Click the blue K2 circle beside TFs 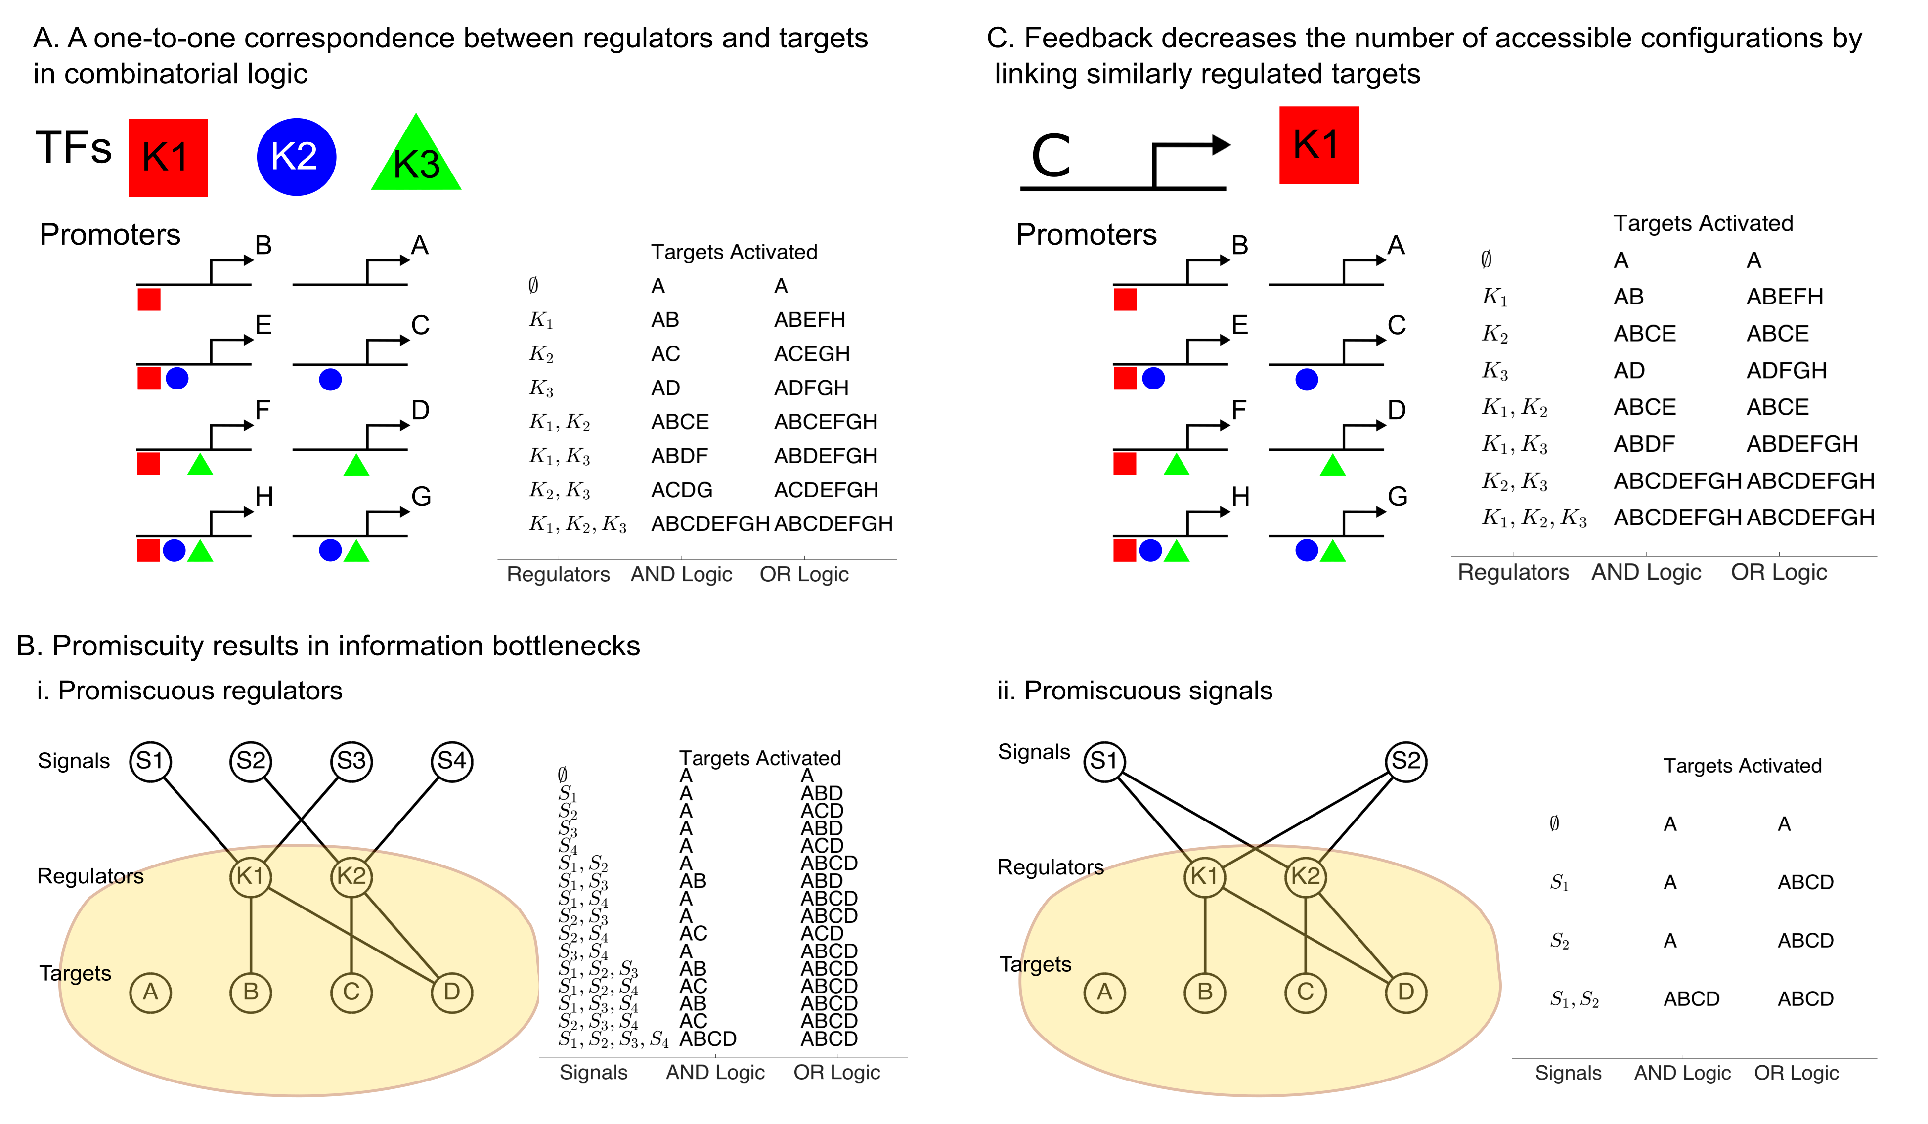click(296, 157)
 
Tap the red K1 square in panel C click(1318, 145)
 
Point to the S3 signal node click(351, 761)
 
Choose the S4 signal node click(451, 761)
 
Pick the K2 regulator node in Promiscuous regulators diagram click(351, 876)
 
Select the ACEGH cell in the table click(811, 353)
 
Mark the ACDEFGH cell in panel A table click(825, 490)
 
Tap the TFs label click(74, 148)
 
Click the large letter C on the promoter click(1051, 157)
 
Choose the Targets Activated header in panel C click(1703, 223)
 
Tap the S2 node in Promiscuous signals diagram click(1405, 761)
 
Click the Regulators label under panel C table click(1513, 572)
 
